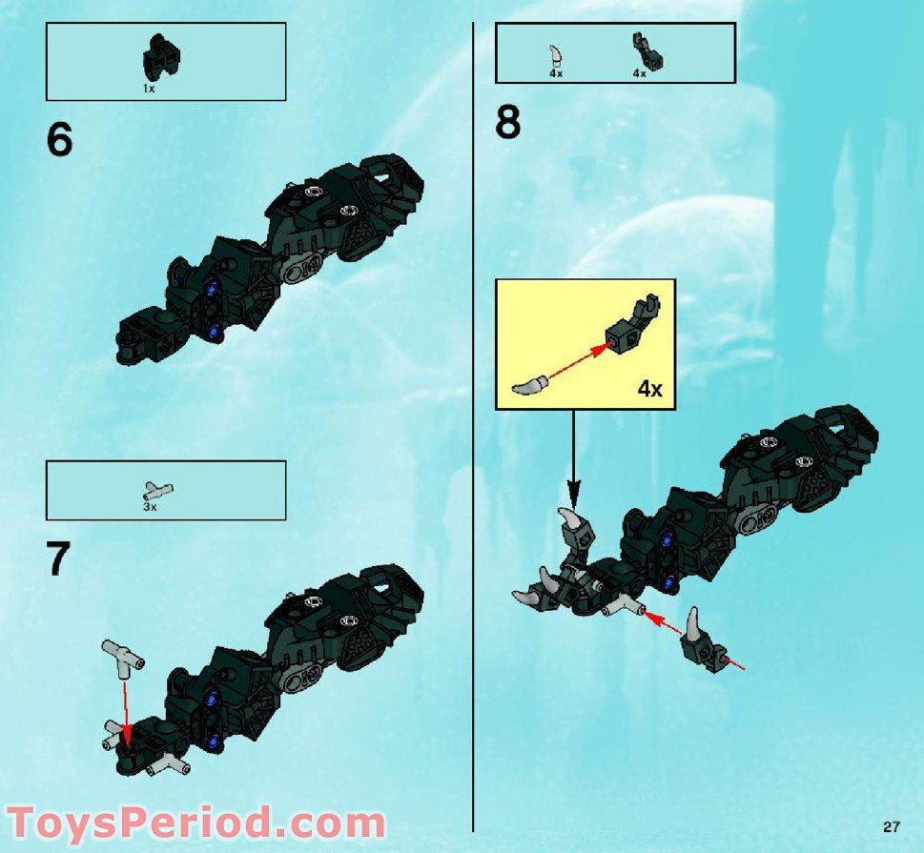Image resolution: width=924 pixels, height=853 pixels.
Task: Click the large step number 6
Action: click(59, 140)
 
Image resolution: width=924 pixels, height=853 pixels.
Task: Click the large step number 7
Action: click(59, 559)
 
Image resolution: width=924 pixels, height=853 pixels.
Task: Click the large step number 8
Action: click(508, 123)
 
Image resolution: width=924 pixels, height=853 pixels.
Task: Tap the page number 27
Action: click(892, 825)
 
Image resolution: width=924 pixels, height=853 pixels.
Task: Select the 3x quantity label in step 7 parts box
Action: click(150, 507)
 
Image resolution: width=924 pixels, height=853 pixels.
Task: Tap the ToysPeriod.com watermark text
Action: click(195, 821)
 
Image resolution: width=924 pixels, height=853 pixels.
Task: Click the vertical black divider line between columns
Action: click(474, 429)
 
